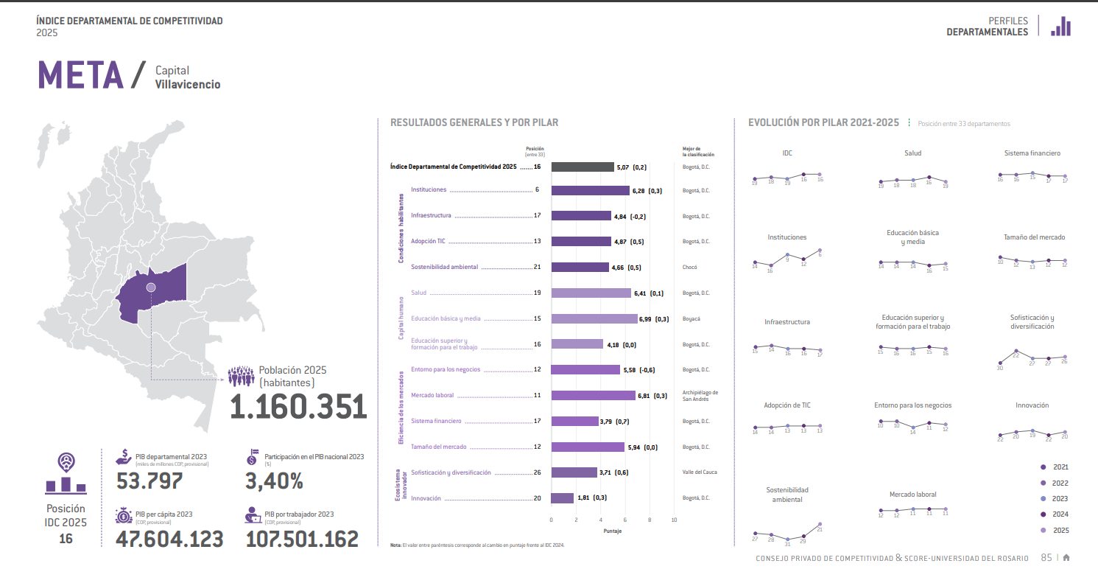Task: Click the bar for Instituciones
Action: pos(590,190)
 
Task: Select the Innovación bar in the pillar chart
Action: pos(562,498)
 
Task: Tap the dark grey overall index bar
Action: pos(582,167)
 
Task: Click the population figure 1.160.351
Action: pos(298,407)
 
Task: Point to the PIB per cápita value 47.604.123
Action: pos(169,539)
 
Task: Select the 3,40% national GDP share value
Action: pos(274,481)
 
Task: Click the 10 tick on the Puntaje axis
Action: pos(674,520)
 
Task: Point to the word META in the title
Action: pos(80,75)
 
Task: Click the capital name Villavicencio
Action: pos(188,85)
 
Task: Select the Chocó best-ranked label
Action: pos(689,268)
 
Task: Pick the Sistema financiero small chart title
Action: pos(1032,153)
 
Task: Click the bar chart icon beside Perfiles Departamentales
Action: pos(1060,27)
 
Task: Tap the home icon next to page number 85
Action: pos(1066,558)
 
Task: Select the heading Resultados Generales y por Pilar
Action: pos(474,123)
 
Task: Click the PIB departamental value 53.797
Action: pos(149,481)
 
